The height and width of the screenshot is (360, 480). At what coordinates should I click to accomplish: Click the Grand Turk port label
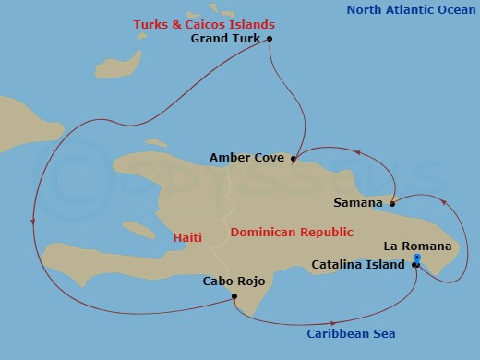tap(226, 39)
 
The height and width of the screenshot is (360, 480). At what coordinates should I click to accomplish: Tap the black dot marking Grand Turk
tap(270, 39)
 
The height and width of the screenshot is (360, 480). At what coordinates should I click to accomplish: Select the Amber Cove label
tap(248, 157)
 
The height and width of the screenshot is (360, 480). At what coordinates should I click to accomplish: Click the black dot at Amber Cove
tap(294, 159)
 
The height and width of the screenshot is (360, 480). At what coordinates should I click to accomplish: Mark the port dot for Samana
tap(392, 204)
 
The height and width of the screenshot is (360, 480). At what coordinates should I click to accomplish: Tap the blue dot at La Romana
tap(417, 258)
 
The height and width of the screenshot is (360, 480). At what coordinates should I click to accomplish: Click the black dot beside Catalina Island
tap(415, 265)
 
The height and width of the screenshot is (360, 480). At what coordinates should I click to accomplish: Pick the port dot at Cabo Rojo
tap(235, 296)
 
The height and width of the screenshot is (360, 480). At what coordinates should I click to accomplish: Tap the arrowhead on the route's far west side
tap(33, 220)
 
